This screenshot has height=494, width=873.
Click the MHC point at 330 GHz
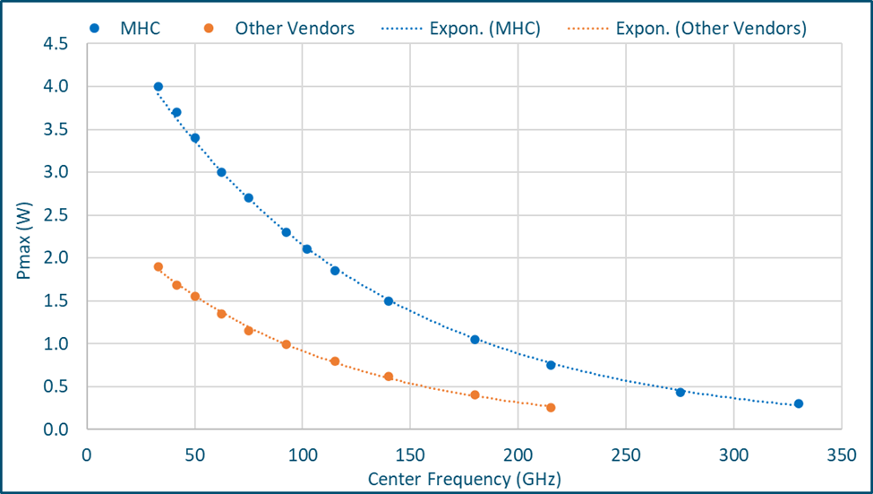pos(799,403)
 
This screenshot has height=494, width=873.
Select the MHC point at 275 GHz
pos(680,392)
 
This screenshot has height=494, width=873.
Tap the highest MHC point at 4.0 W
pos(158,87)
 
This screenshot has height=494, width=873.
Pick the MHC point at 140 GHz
pos(389,301)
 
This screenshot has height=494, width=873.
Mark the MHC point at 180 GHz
pos(475,340)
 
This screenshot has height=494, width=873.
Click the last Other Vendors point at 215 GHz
pos(551,408)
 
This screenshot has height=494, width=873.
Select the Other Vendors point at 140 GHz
pos(389,377)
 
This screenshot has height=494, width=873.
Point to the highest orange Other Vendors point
pos(158,267)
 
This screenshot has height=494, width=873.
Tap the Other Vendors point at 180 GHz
pos(475,395)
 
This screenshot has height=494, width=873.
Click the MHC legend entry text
pos(140,28)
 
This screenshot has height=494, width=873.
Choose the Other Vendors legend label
pos(295,28)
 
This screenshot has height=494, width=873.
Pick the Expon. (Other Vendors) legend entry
pos(711,28)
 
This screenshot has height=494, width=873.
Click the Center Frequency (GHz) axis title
pos(464,480)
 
